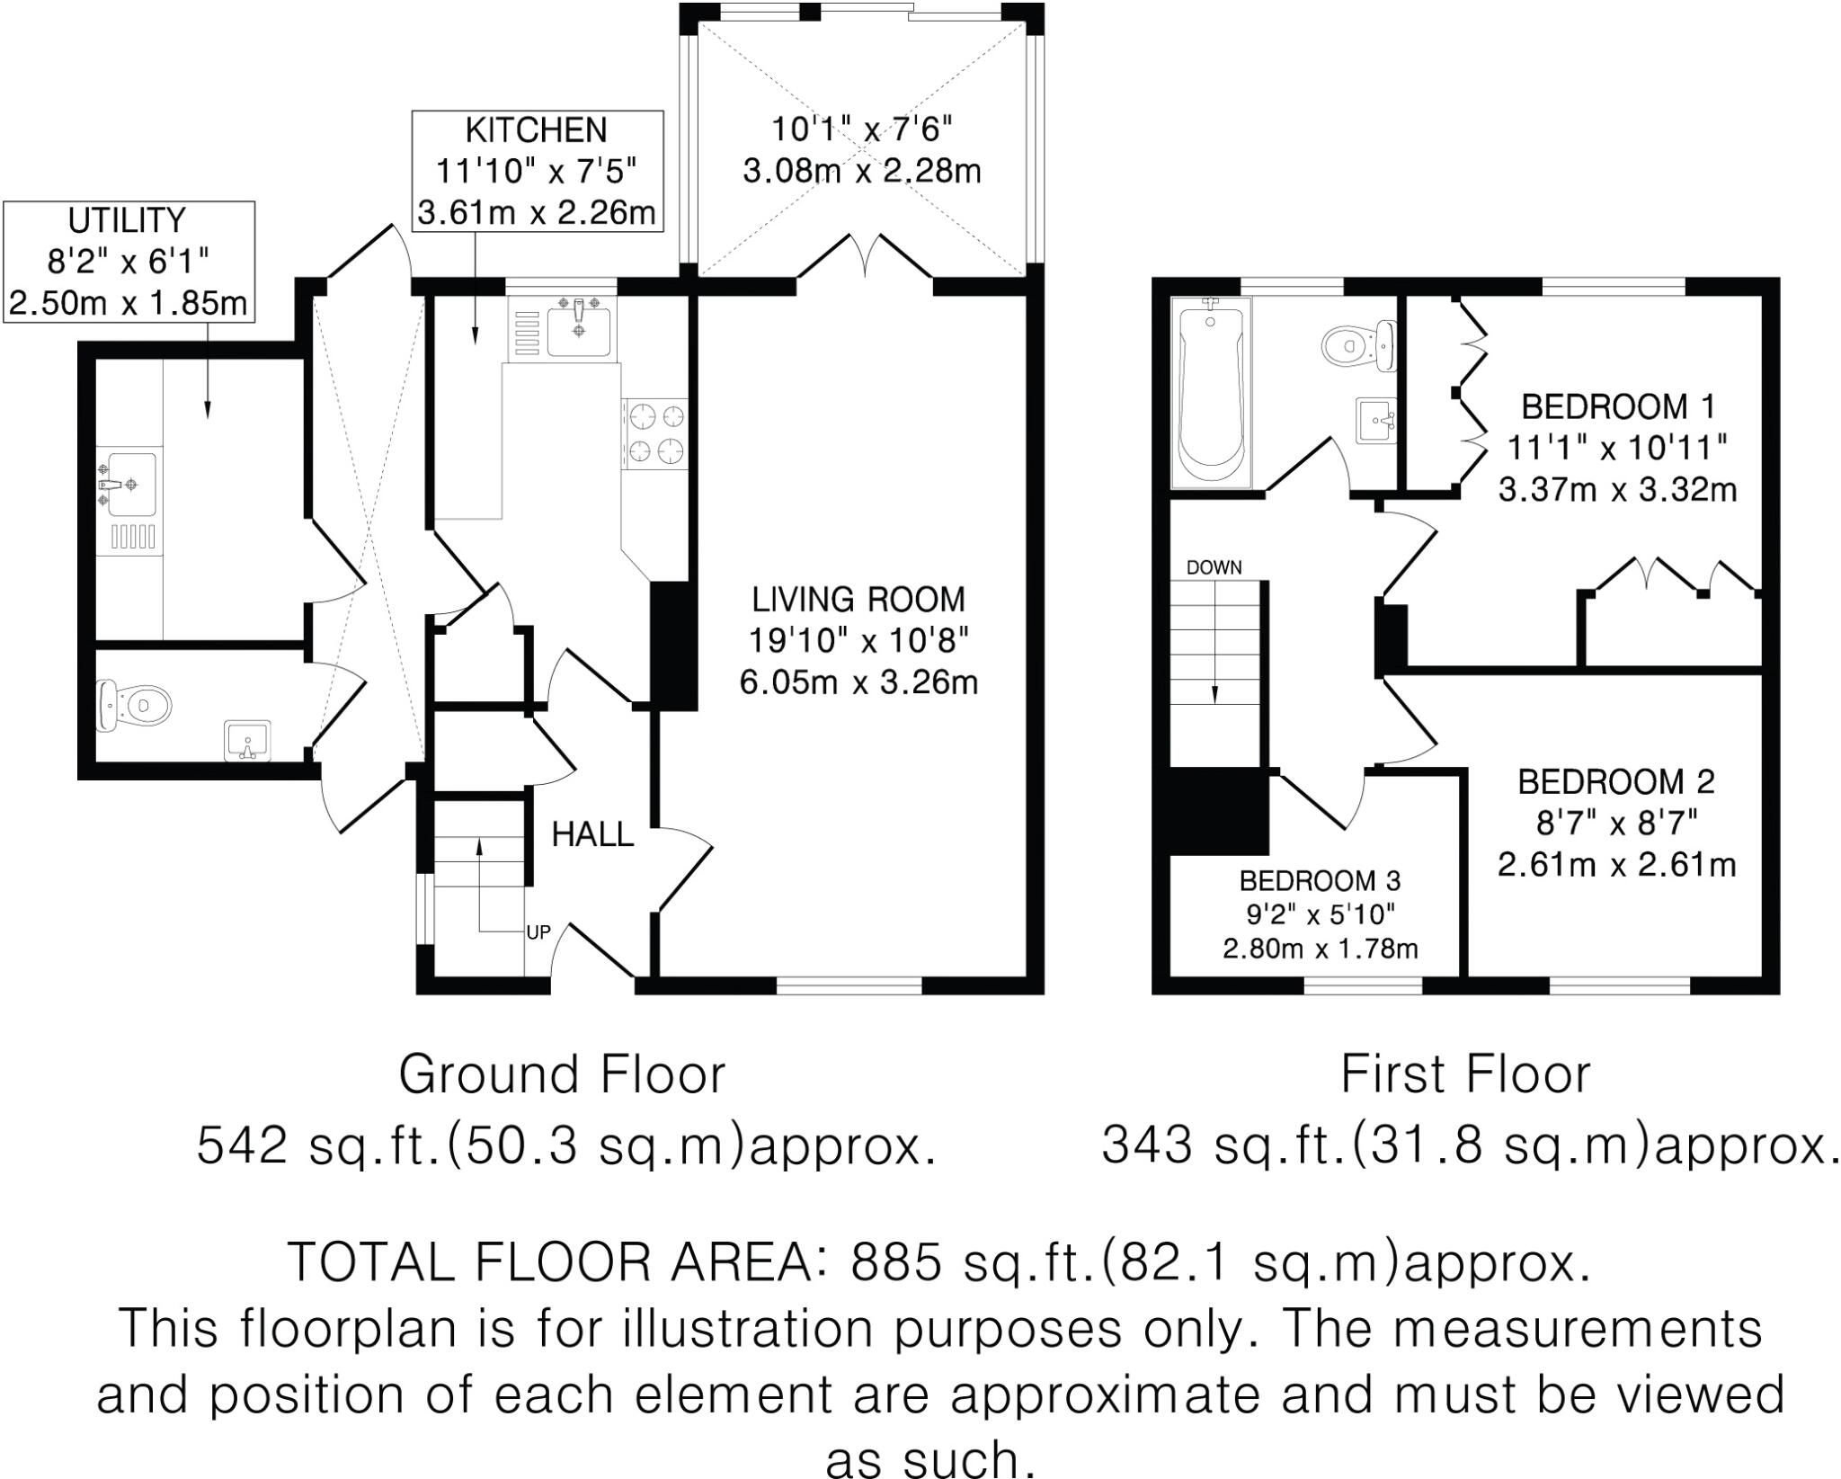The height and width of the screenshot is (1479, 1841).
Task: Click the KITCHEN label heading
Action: [536, 131]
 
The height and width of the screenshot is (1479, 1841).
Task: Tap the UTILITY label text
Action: [127, 220]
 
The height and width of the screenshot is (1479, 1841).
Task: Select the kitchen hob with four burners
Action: [656, 433]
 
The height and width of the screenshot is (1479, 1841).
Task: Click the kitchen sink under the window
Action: [579, 321]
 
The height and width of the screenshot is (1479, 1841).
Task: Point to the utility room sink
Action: [129, 484]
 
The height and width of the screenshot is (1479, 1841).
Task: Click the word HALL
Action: [592, 835]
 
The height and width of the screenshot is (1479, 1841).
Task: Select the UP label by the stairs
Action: [538, 932]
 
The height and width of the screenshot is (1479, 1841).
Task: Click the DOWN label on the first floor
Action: [1214, 567]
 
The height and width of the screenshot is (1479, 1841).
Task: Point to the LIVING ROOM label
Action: [858, 600]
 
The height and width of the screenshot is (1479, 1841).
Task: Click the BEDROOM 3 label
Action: [1319, 879]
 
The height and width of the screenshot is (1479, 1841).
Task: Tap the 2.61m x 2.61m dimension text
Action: [1615, 865]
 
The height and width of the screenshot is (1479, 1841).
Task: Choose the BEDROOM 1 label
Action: [1617, 407]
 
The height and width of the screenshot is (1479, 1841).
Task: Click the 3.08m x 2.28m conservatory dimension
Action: [861, 171]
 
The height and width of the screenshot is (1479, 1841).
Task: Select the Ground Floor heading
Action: [562, 1074]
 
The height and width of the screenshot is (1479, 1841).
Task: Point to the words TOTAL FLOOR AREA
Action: [550, 1262]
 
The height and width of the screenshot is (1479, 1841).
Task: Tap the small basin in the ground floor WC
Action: [246, 741]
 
